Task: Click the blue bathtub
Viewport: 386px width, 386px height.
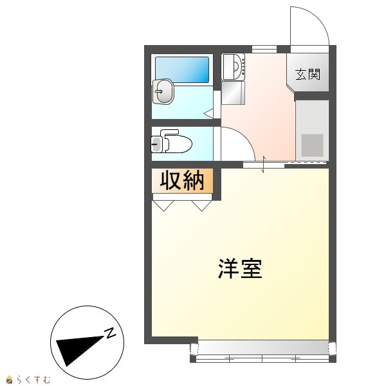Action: pos(182,69)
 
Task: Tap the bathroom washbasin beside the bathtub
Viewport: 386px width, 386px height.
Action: pos(163,91)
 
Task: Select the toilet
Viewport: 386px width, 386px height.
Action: pos(172,142)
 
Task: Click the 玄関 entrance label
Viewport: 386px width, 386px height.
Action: pos(308,74)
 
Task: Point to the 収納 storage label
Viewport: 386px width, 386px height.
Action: pos(182,180)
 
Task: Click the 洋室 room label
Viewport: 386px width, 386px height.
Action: pos(240,268)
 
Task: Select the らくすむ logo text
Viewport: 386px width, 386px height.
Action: pos(33,380)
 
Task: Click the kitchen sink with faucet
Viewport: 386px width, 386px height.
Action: pos(233,67)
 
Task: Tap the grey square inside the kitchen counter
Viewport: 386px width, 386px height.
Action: pos(312,145)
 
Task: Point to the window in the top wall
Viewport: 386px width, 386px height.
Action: pos(264,49)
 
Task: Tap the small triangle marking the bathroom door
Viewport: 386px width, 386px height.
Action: pos(209,113)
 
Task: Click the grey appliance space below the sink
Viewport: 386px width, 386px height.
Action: pos(233,93)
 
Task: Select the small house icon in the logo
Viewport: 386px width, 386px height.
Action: pos(10,380)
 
